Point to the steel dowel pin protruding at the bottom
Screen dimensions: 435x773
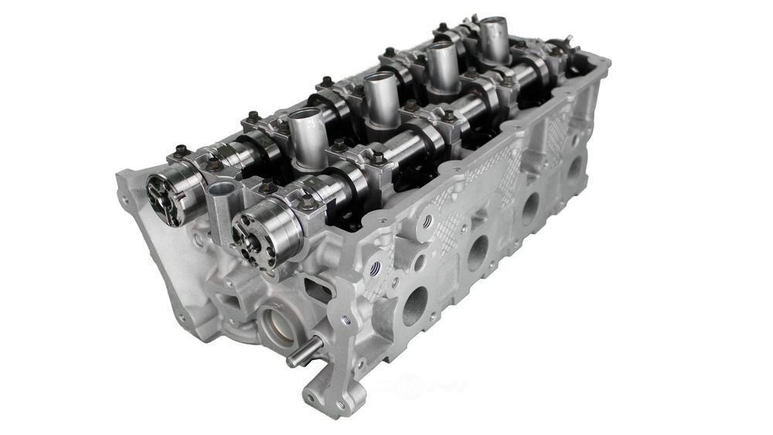[x=301, y=355]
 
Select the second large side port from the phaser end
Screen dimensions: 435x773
[x=477, y=252]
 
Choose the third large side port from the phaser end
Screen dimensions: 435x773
[x=530, y=207]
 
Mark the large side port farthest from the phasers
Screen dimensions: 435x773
[x=574, y=167]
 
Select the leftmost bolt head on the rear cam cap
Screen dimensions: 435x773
[x=180, y=151]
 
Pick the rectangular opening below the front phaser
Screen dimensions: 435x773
[x=315, y=291]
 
